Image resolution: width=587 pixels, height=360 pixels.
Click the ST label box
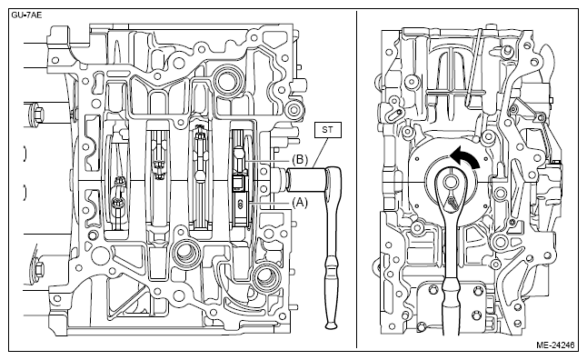click(328, 130)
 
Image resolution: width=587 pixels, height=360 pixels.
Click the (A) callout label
click(300, 203)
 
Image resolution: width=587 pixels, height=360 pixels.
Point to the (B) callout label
click(300, 160)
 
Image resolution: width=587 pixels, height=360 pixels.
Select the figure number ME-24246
click(555, 345)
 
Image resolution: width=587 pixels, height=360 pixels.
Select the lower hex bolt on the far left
click(36, 268)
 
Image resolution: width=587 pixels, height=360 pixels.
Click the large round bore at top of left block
click(226, 81)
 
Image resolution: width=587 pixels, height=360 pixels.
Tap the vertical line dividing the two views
click(356, 180)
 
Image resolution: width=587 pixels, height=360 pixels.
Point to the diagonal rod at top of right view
click(474, 66)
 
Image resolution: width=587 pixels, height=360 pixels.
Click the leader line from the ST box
click(321, 153)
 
